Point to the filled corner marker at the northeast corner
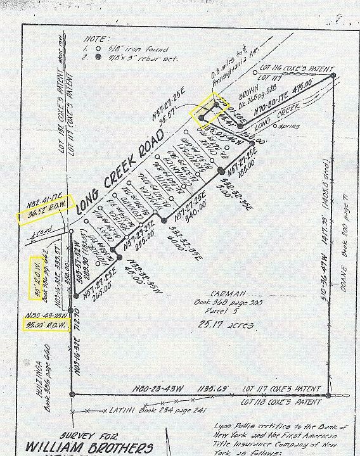(x=333, y=75)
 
